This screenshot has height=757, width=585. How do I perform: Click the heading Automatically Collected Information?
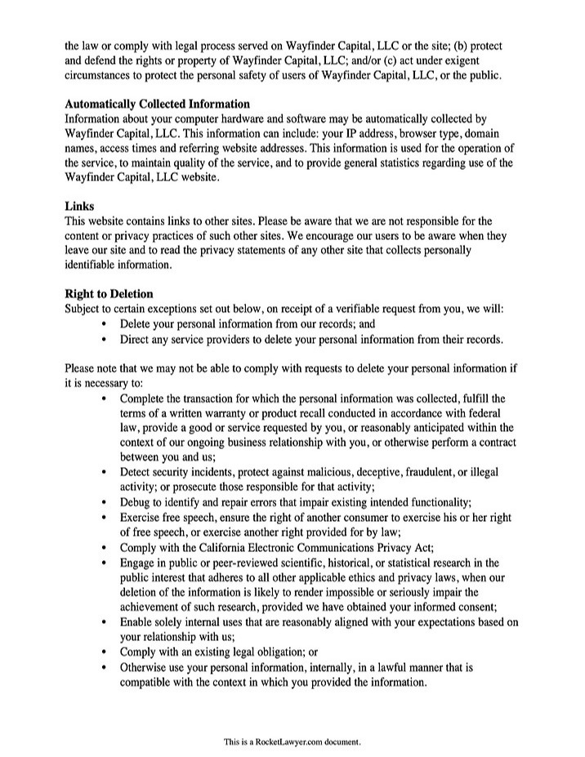pyautogui.click(x=157, y=105)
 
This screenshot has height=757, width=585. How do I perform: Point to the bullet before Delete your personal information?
pyautogui.click(x=105, y=324)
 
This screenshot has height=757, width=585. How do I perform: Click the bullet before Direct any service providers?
pyautogui.click(x=105, y=339)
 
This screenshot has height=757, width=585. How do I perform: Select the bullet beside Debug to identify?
pyautogui.click(x=105, y=502)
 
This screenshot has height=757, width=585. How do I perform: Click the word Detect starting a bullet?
pyautogui.click(x=136, y=473)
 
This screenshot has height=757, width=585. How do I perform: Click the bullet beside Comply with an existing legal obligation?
pyautogui.click(x=105, y=652)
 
